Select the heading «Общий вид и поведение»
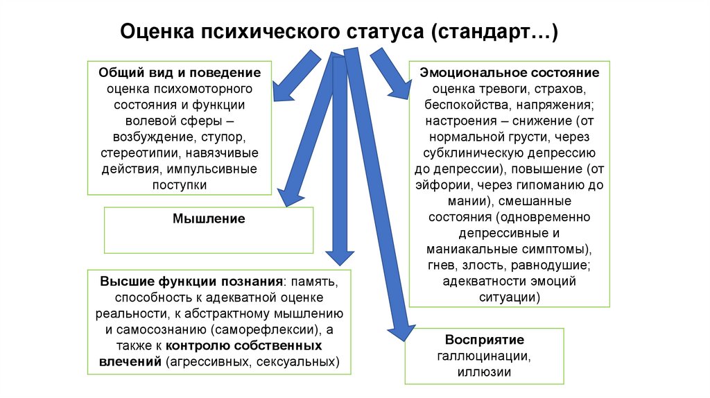(180, 72)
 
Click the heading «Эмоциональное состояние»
(510, 72)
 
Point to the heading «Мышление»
(209, 218)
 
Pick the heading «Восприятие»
(485, 340)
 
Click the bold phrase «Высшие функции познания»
(191, 282)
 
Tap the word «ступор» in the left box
(223, 137)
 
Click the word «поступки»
(180, 185)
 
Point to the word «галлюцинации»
(484, 356)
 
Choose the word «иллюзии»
(484, 372)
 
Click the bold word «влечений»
(130, 362)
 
